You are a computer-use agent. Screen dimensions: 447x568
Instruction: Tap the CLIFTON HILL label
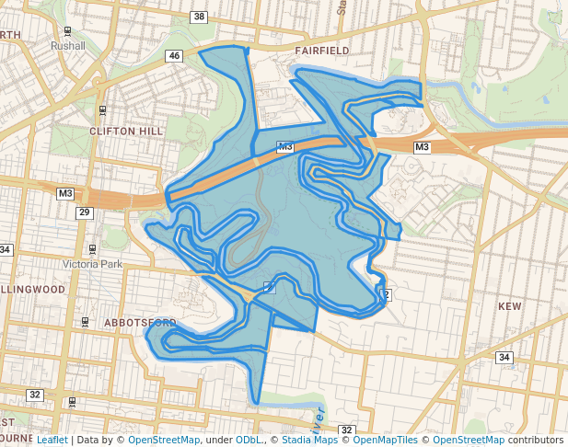[x=125, y=132]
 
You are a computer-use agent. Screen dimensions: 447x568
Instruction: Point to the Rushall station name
[x=68, y=44]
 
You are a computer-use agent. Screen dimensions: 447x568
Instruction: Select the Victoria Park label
[x=92, y=264]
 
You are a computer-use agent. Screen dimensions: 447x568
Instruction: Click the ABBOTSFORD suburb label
[x=139, y=323]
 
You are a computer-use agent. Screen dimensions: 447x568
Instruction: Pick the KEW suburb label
[x=509, y=305]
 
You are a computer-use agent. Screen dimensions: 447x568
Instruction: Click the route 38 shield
[x=200, y=17]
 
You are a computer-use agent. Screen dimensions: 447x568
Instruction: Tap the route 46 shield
[x=174, y=57]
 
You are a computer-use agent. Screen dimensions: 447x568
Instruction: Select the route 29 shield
[x=84, y=212]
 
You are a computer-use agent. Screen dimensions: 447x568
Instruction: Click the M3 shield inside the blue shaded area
[x=284, y=147]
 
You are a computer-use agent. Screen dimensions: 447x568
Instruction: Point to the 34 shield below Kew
[x=504, y=357]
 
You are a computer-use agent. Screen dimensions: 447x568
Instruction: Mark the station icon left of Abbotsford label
[x=85, y=322]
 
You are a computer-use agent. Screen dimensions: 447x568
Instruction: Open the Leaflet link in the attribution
[x=52, y=440]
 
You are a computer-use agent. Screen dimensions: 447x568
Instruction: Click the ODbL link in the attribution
[x=248, y=440]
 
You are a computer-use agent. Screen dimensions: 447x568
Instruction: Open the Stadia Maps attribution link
[x=308, y=440]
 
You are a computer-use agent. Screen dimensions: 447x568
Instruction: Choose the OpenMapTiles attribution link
[x=386, y=440]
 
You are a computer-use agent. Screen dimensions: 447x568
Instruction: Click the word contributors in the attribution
[x=533, y=440]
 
